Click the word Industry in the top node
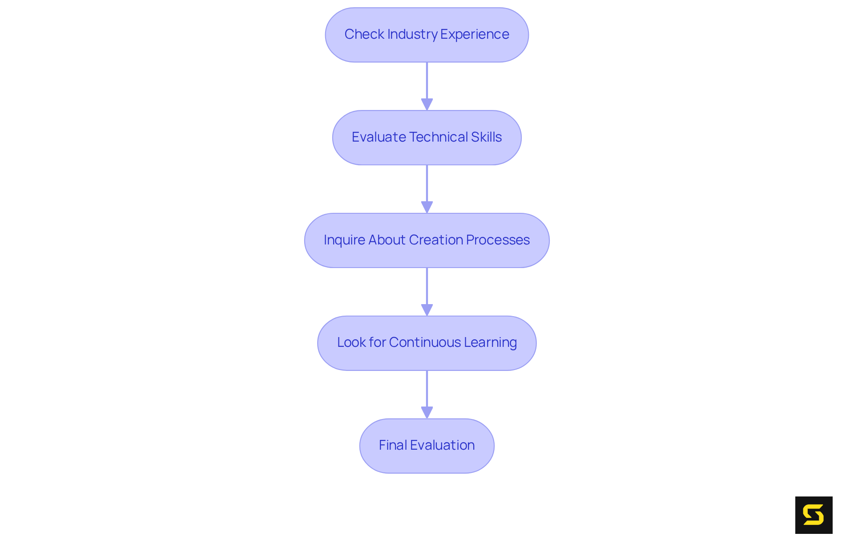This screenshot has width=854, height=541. (412, 34)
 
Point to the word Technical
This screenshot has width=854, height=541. (439, 137)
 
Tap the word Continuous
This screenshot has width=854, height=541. (425, 342)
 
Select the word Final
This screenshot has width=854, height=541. (393, 445)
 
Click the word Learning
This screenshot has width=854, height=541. (490, 342)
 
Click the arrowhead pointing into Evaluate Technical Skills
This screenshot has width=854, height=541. (427, 104)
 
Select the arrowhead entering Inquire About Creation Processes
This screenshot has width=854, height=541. (427, 207)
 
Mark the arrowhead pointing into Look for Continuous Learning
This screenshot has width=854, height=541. (427, 310)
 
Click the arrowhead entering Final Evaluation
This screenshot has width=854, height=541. (427, 412)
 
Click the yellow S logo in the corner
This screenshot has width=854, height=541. (814, 515)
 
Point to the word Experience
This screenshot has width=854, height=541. (475, 34)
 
